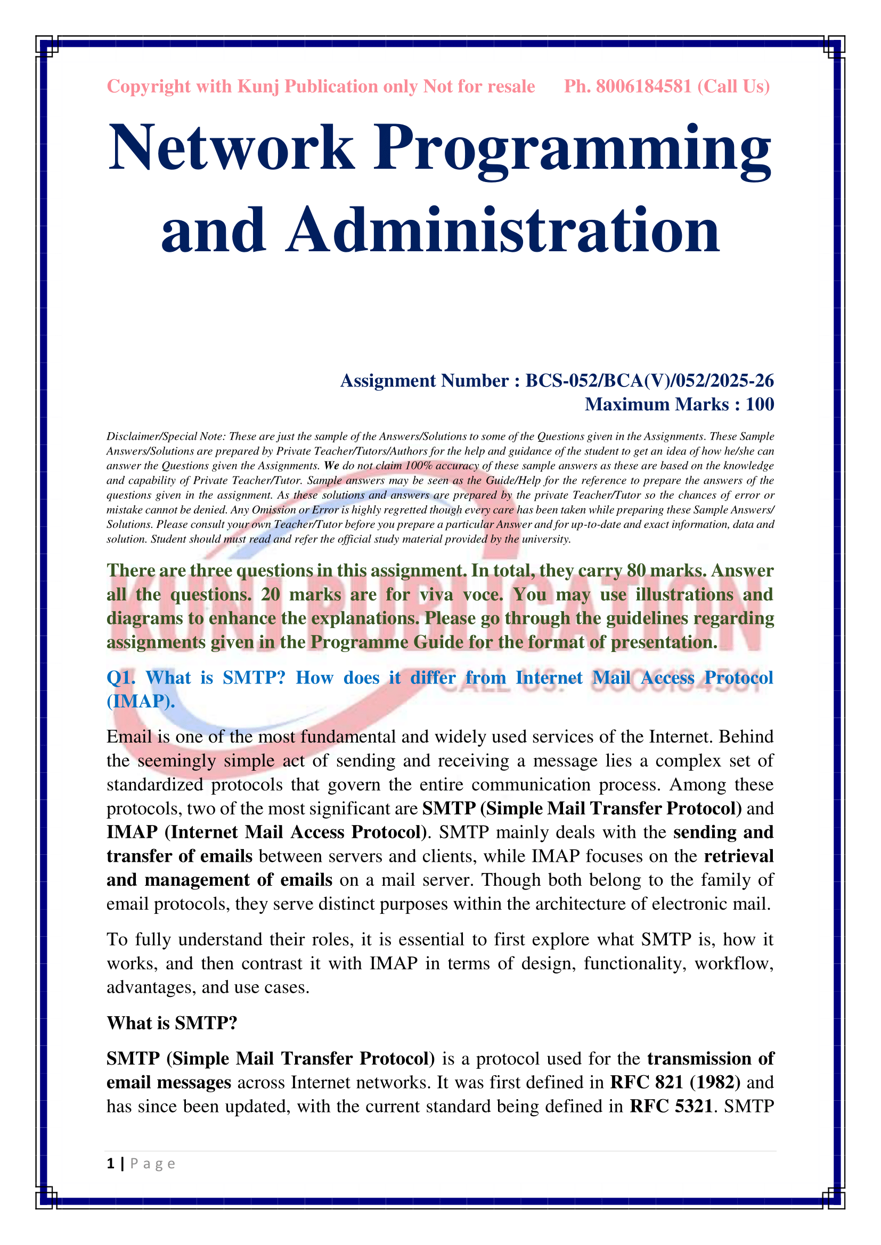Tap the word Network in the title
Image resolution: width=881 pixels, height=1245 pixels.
(x=231, y=147)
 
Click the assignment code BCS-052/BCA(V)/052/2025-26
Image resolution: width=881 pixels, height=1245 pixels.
(x=649, y=381)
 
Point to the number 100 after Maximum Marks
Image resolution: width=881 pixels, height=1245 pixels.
(x=760, y=405)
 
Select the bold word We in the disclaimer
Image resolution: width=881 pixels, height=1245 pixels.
(x=331, y=466)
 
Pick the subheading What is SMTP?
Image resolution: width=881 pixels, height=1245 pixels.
(x=172, y=1023)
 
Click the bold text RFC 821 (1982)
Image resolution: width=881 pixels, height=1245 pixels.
(x=675, y=1082)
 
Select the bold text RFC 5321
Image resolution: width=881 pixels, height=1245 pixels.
(x=671, y=1106)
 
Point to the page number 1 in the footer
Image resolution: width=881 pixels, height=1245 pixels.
(x=111, y=1164)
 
